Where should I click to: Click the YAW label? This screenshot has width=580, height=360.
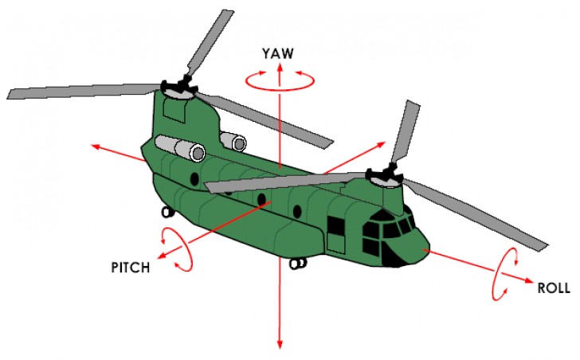[279, 54]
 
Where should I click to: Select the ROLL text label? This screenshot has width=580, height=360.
[554, 289]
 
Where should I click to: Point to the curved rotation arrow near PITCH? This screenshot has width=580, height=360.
[177, 248]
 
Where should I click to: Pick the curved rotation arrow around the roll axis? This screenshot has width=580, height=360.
[505, 275]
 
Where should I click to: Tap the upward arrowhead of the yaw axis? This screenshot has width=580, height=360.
[280, 68]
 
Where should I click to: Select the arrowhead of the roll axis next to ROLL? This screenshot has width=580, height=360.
[529, 280]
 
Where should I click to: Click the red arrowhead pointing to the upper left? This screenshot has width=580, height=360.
[95, 147]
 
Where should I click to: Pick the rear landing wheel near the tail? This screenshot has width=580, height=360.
[167, 212]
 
